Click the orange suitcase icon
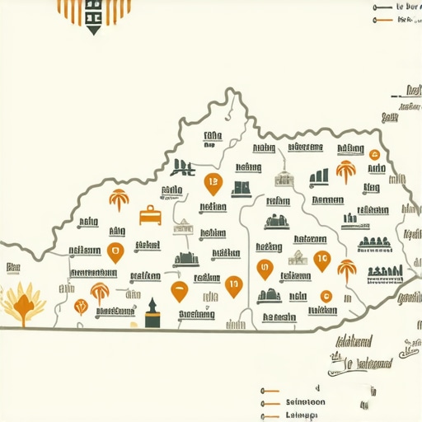point(150,215)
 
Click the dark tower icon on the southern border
point(152,314)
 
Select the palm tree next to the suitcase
point(118,200)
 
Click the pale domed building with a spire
point(283,179)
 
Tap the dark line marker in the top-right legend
point(381,6)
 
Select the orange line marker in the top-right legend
point(381,17)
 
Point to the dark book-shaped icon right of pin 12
point(241,188)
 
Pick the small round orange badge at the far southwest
point(80,307)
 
